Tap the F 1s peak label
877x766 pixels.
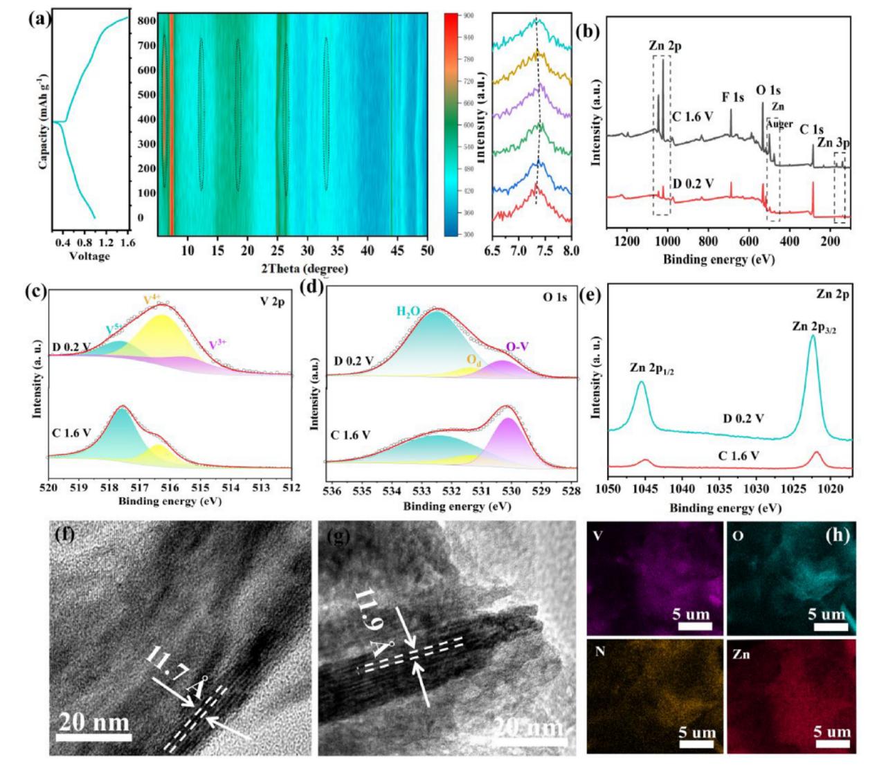(x=732, y=97)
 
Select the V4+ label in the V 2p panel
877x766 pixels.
(x=152, y=299)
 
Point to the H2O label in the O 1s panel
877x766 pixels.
(x=408, y=311)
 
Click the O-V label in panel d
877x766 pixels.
(x=519, y=347)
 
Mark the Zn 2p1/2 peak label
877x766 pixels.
(x=652, y=370)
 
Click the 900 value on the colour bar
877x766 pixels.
(x=469, y=15)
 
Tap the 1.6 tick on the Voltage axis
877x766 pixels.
(x=127, y=243)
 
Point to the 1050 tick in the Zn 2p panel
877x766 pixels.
(x=608, y=489)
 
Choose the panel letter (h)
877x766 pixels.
(x=836, y=535)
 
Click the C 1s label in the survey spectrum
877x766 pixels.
(x=811, y=129)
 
